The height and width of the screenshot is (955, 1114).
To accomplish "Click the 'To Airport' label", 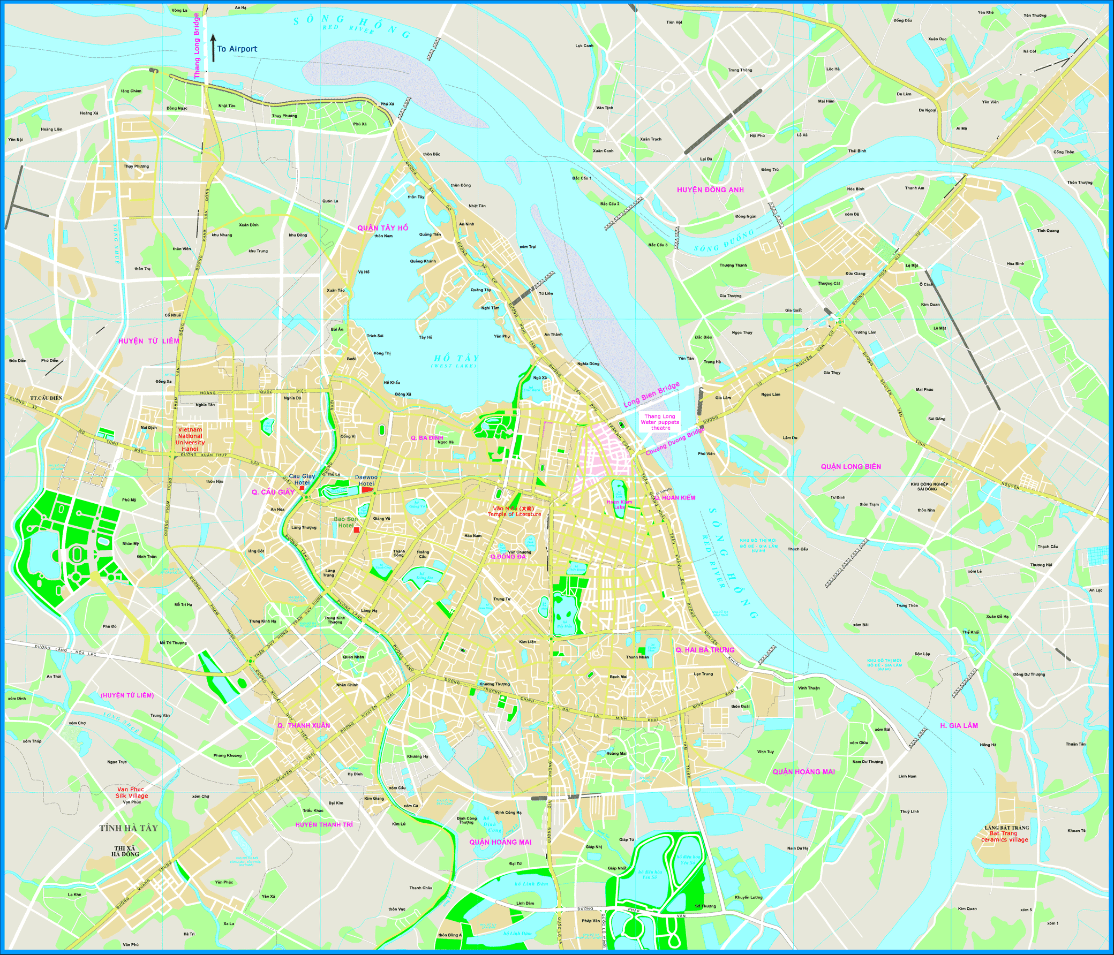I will click(237, 49).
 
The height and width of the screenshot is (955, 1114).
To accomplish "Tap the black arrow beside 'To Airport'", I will click(213, 47).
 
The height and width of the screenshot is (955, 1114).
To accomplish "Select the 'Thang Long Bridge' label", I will click(197, 46).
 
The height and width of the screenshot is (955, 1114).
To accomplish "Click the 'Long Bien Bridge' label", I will click(651, 395).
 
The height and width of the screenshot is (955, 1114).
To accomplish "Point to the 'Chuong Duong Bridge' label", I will click(675, 441).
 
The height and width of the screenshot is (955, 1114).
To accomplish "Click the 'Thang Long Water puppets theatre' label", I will click(660, 422).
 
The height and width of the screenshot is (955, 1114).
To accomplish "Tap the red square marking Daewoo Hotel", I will click(366, 490).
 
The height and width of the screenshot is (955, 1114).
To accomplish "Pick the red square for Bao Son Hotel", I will click(357, 530).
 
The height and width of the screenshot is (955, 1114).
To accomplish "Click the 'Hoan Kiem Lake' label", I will click(619, 504).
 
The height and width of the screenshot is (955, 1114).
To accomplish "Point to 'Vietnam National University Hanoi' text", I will click(190, 439).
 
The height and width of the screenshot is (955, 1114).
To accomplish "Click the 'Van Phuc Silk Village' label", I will click(131, 793).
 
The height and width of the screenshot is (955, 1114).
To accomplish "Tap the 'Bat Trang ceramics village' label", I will click(1004, 836).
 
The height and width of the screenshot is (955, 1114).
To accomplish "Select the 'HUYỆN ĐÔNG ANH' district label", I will click(710, 190).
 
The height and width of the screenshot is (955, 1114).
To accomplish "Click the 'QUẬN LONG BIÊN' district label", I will click(850, 466).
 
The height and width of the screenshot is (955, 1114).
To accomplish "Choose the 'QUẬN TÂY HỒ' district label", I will click(383, 228).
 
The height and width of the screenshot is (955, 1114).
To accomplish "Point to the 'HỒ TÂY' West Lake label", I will click(456, 359).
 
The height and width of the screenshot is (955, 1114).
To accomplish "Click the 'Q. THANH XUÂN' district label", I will click(304, 725).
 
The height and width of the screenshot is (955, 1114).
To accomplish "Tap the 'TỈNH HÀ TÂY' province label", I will click(129, 828).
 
